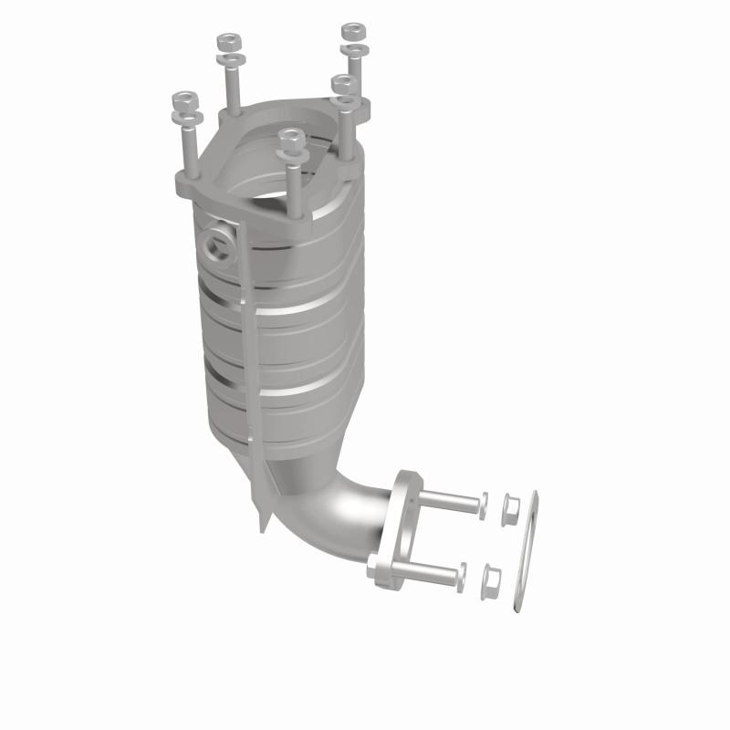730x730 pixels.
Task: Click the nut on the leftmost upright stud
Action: [x=185, y=98]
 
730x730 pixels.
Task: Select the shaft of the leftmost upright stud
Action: [x=189, y=146]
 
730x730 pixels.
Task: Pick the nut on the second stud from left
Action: [x=227, y=42]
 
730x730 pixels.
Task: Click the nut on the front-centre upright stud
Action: [x=291, y=136]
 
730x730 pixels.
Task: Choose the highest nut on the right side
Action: [x=352, y=33]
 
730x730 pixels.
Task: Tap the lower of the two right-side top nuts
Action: [x=343, y=84]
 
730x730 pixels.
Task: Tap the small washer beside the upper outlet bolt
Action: [x=484, y=504]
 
